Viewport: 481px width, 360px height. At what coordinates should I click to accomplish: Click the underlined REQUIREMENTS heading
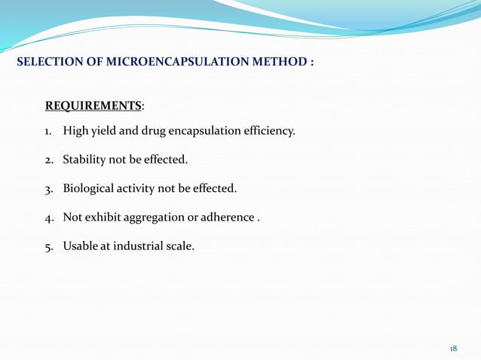(x=94, y=105)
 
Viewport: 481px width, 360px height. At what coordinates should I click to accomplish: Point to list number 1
(x=47, y=132)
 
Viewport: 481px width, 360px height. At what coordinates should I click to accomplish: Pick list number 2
(x=47, y=160)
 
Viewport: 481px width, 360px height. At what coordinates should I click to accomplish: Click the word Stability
(x=84, y=160)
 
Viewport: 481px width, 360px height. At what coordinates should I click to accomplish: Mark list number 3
(x=47, y=189)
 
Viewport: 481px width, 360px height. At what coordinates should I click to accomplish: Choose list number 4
(x=47, y=218)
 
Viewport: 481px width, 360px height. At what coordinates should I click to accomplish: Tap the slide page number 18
(x=453, y=349)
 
